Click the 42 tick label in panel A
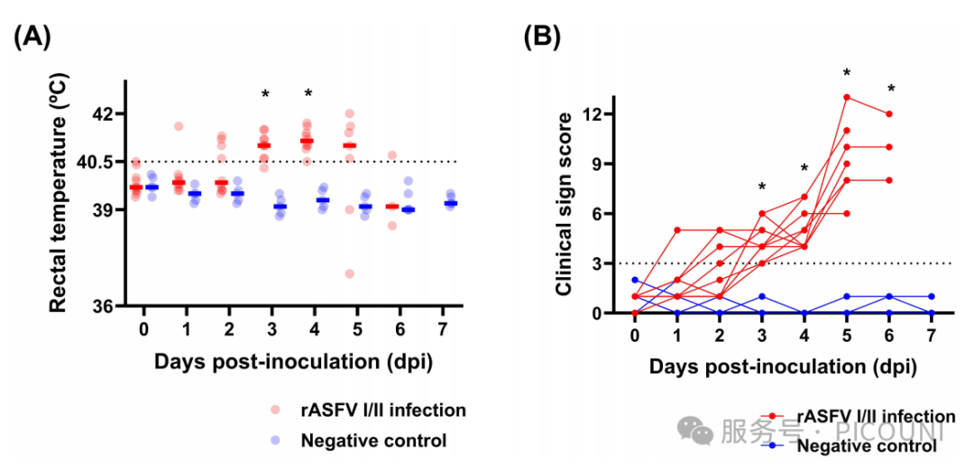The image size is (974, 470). click(x=106, y=115)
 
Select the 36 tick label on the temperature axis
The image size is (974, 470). click(x=106, y=306)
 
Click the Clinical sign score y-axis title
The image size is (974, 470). click(x=565, y=205)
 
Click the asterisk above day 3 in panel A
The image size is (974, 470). click(x=265, y=95)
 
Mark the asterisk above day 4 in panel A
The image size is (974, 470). click(x=308, y=95)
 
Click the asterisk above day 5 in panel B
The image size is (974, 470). click(x=847, y=74)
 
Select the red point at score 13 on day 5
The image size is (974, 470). click(x=847, y=97)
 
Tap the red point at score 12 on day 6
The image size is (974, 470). click(x=889, y=114)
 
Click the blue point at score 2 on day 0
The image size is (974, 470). click(x=635, y=280)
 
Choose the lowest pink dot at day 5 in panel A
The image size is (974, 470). click(x=349, y=273)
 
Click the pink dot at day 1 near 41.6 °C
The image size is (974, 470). click(x=179, y=125)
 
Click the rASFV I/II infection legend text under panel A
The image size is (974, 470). click(x=383, y=410)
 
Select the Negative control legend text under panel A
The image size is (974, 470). click(x=373, y=441)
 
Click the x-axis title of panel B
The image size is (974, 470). click(x=783, y=367)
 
